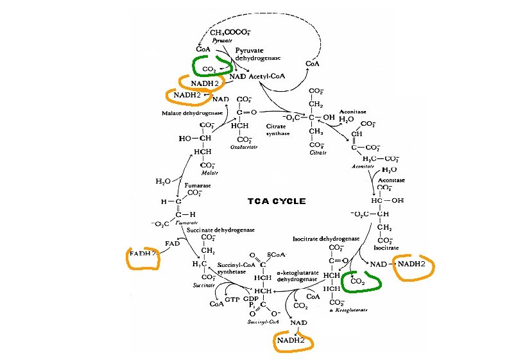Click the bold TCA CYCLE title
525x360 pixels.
[277, 201]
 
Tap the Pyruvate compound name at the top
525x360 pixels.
[220, 39]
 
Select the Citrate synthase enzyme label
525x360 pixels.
[278, 130]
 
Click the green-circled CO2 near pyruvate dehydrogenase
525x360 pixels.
[209, 69]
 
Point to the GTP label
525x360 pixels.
[232, 299]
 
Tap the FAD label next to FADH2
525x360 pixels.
[172, 244]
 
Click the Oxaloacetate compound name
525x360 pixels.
[244, 147]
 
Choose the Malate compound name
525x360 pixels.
[207, 173]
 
